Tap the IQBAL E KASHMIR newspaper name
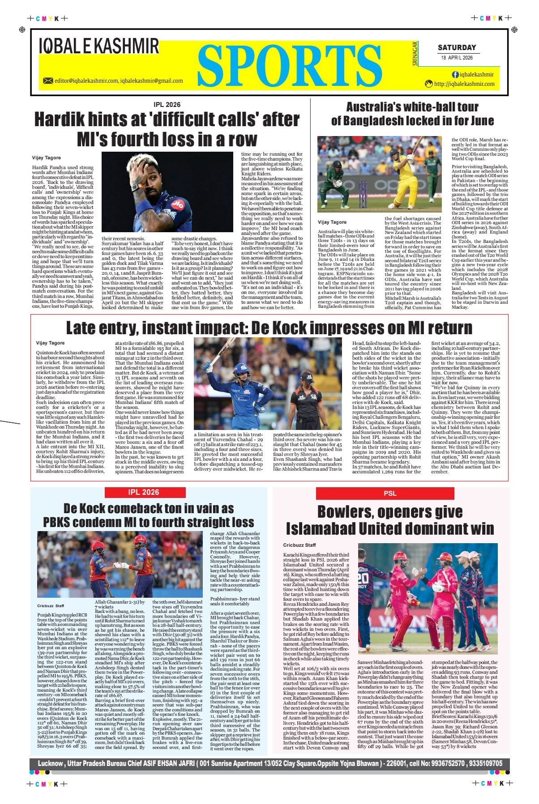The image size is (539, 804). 99,47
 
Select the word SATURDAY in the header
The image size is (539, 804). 457,47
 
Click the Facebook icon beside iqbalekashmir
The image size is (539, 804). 455,75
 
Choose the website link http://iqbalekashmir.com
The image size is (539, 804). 464,84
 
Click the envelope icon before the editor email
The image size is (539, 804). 48,81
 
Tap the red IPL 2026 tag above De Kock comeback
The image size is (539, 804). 143,492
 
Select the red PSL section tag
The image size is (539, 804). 389,493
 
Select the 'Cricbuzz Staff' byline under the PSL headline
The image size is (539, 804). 299,545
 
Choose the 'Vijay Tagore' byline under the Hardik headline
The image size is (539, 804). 46,157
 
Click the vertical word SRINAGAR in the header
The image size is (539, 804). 415,54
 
